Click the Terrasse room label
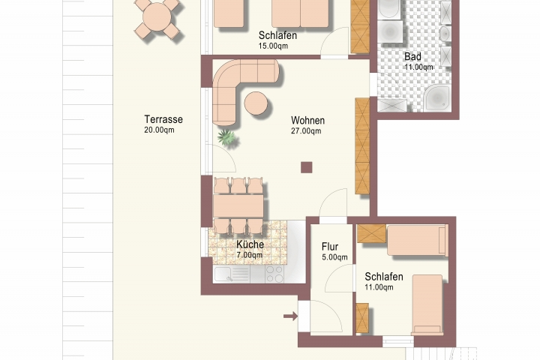point(163,119)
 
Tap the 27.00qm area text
point(306,131)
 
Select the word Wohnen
point(308,121)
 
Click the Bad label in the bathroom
point(412,56)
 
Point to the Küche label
point(250,244)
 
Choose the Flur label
point(330,247)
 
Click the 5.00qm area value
point(334,257)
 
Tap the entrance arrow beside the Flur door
point(291,316)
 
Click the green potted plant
point(226,137)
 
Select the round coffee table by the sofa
point(256,103)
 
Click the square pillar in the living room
point(307,167)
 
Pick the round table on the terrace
point(157,17)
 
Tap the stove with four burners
point(274,274)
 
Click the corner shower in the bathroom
point(436,98)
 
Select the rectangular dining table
point(238,205)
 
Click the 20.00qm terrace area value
point(159,130)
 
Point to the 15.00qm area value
point(274,46)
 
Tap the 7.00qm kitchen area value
point(249,255)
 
